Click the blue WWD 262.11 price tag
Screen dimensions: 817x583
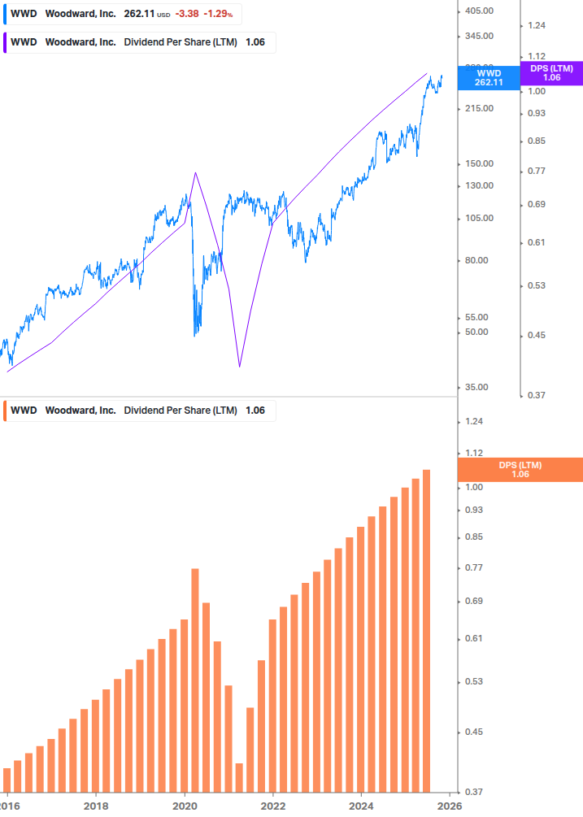489,77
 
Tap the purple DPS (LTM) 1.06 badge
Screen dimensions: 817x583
550,73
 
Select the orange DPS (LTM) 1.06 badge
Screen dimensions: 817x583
520,470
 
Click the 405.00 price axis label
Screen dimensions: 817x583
479,10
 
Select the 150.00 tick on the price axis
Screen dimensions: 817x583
479,163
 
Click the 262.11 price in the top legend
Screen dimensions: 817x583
139,14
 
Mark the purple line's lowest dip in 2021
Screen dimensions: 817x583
240,367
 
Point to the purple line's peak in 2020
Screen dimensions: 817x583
195,172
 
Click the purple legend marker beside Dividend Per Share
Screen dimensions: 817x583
6,42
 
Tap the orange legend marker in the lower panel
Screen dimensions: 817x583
6,411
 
